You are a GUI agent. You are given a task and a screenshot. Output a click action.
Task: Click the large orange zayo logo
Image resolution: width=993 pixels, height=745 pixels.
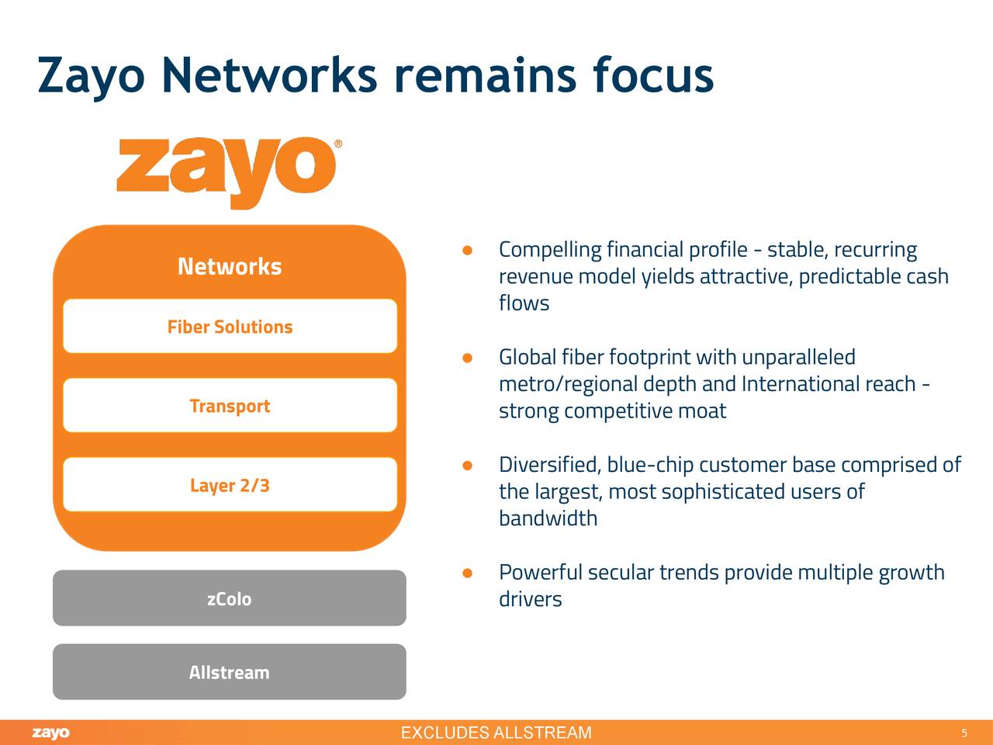click(227, 172)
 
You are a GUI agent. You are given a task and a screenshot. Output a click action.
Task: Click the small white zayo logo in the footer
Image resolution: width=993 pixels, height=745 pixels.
click(50, 733)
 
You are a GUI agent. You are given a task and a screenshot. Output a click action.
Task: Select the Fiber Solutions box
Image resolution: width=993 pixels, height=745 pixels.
click(230, 327)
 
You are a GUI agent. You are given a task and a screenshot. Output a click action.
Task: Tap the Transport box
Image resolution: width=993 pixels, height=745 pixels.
click(230, 406)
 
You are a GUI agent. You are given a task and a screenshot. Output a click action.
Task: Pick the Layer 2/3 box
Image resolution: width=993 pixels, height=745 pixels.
click(230, 485)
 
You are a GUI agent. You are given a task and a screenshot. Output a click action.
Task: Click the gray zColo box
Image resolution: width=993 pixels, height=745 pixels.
click(229, 598)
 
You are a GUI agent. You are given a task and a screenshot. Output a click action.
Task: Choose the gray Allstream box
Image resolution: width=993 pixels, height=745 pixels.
click(229, 672)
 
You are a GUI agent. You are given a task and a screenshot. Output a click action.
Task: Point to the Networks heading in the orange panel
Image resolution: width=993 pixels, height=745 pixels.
click(230, 266)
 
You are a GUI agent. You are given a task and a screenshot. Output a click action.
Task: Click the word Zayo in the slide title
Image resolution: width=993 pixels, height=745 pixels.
click(91, 76)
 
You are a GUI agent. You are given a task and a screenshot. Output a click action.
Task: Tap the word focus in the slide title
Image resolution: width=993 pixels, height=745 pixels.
click(652, 74)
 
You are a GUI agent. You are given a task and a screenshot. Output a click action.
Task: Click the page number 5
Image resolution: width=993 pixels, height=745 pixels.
click(964, 733)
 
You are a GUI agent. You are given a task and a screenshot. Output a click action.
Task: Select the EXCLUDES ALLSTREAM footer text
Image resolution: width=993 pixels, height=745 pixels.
click(496, 733)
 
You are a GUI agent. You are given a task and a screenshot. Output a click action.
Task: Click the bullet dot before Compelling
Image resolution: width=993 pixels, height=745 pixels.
click(467, 251)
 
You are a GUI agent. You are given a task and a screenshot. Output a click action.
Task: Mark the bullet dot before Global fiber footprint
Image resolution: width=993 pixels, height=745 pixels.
click(467, 358)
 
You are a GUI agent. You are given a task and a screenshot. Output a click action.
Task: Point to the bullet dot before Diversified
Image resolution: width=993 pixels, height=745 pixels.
click(467, 466)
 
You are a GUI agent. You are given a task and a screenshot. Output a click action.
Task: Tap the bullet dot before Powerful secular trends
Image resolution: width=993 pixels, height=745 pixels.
click(467, 573)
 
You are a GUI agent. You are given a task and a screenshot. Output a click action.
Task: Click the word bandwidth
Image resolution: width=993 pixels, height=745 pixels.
click(548, 518)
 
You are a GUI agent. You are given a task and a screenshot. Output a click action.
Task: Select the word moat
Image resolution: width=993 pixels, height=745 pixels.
click(702, 411)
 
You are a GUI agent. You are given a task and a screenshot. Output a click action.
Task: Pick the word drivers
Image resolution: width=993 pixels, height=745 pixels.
click(530, 599)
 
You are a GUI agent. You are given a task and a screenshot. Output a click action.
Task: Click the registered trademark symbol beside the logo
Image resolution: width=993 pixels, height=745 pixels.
click(337, 144)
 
